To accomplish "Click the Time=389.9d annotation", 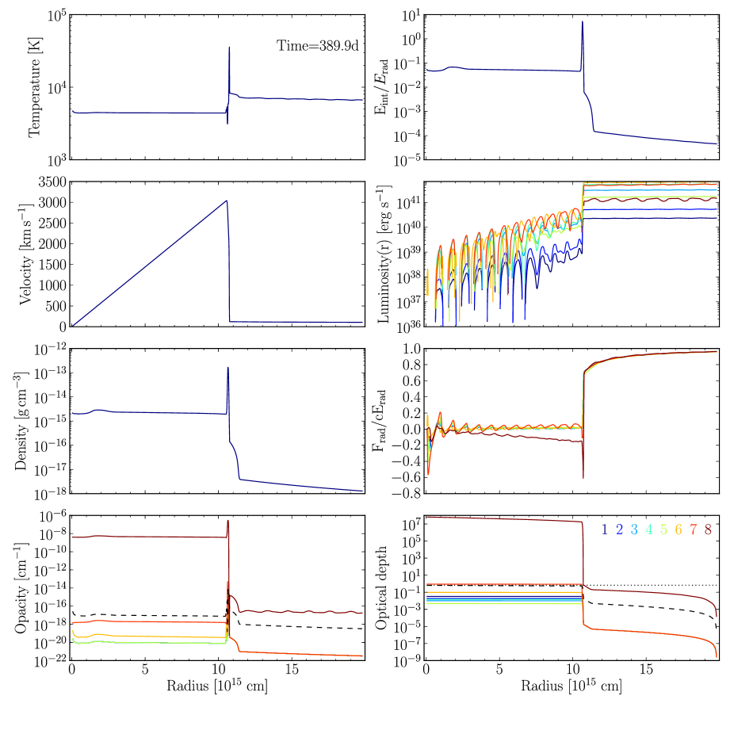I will tap(318, 45).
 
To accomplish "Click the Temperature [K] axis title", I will tap(35, 88).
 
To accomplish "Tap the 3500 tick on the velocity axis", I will tap(50, 182).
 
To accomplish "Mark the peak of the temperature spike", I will tap(229, 48).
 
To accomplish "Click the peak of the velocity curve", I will tap(227, 201).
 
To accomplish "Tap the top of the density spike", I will tap(228, 368).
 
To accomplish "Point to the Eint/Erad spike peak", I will tap(583, 22).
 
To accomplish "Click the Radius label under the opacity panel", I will tap(216, 686).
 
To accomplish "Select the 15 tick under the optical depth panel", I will tap(646, 669).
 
